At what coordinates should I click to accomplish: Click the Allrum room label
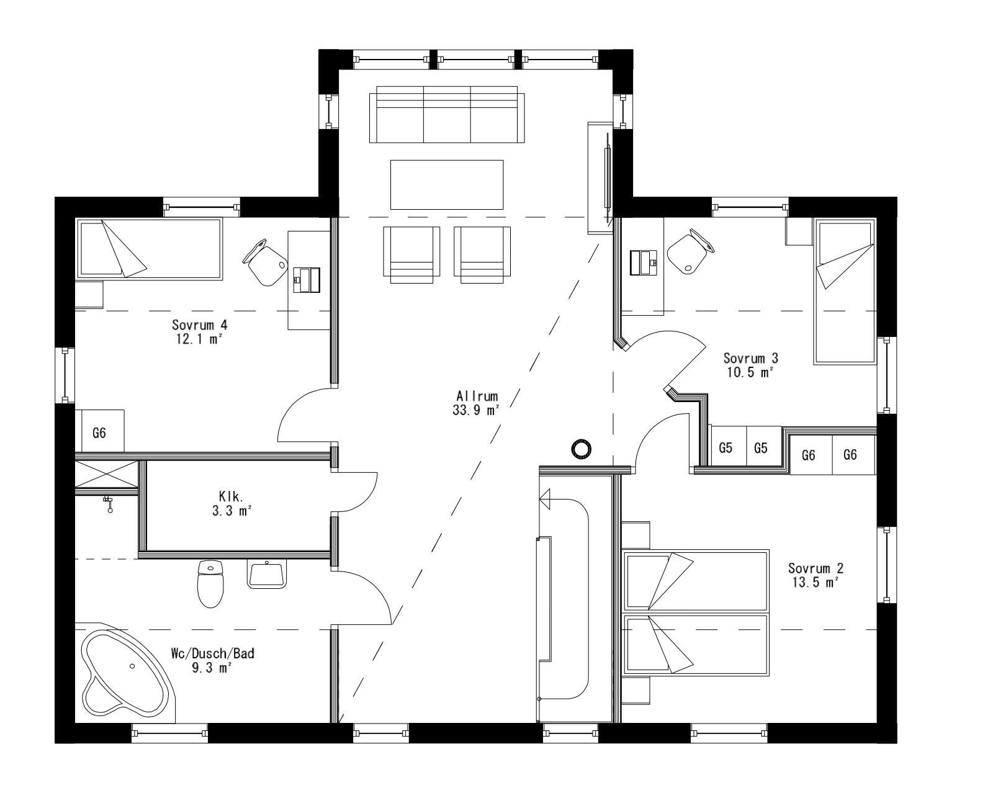tap(477, 396)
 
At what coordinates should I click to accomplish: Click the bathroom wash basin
tap(267, 574)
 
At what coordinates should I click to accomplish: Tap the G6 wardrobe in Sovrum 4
tap(99, 433)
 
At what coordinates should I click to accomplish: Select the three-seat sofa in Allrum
tap(447, 115)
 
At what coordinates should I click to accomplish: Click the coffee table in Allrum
tap(446, 184)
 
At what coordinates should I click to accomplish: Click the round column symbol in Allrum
tap(582, 449)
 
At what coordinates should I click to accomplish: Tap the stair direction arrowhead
tap(546, 498)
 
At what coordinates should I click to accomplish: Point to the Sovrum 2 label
tap(816, 568)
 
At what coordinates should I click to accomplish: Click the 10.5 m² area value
tap(750, 372)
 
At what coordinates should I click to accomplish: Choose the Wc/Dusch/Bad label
tap(212, 653)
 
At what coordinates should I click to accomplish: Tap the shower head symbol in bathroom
tap(109, 503)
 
